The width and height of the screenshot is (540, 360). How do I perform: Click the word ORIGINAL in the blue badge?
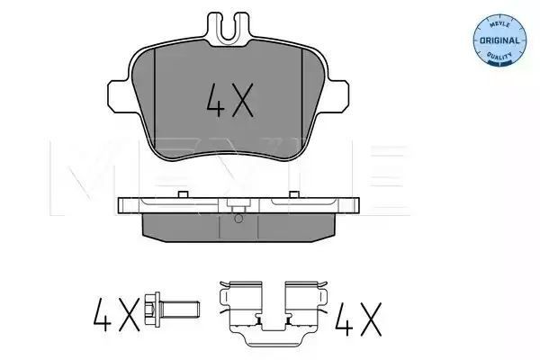pyautogui.click(x=499, y=40)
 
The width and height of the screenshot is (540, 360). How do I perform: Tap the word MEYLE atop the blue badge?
pyautogui.click(x=499, y=25)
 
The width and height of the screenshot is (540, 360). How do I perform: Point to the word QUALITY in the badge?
pyautogui.click(x=499, y=56)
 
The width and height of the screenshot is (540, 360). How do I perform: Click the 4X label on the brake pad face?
pyautogui.click(x=230, y=100)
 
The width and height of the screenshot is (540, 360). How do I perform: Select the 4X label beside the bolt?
pyautogui.click(x=116, y=314)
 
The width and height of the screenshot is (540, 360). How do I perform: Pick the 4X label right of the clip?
pyautogui.click(x=358, y=319)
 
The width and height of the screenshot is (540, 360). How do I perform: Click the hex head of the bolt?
pyautogui.click(x=153, y=310)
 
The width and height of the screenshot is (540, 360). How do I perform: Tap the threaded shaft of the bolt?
pyautogui.click(x=180, y=310)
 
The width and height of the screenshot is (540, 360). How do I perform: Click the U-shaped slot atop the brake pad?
pyautogui.click(x=228, y=28)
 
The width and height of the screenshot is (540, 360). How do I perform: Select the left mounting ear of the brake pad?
pyautogui.click(x=121, y=96)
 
